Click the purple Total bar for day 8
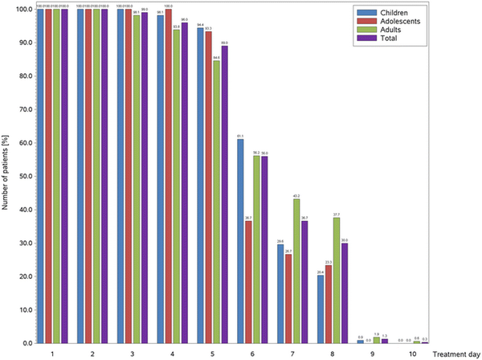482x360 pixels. point(345,292)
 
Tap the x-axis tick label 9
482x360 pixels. point(372,352)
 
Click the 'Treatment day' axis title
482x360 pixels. point(454,352)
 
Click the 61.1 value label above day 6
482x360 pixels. point(240,137)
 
